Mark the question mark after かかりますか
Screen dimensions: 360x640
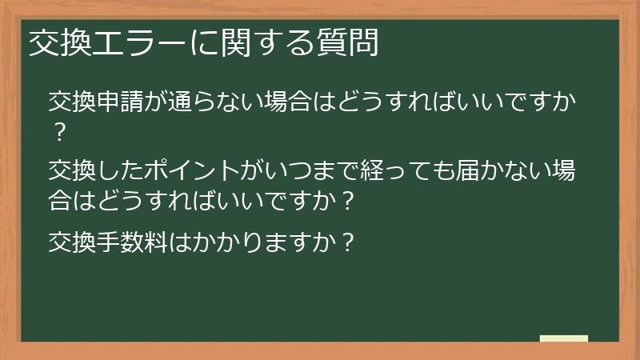coord(346,242)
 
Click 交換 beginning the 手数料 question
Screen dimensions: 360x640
coord(72,242)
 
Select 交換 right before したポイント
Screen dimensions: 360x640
coord(72,170)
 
